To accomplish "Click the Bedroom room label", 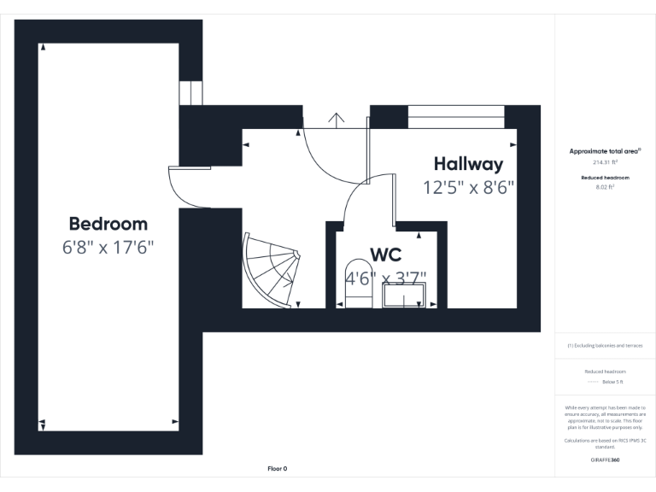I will [108, 224].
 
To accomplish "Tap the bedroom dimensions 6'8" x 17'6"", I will [108, 249].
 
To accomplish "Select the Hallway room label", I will [468, 164].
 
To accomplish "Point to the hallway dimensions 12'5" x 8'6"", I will [468, 188].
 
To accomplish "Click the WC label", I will [385, 255].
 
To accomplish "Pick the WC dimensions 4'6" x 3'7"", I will [385, 278].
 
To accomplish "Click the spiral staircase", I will [272, 271].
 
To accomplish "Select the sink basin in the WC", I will [405, 296].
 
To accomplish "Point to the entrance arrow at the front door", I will [337, 119].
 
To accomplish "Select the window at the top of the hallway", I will [455, 117].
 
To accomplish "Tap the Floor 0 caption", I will [278, 469].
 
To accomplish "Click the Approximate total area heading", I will [605, 151].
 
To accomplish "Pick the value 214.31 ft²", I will [605, 161].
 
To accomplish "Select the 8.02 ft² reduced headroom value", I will [605, 186].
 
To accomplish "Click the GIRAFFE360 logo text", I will [605, 460].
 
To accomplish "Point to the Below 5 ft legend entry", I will [605, 382].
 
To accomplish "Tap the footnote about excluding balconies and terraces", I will [605, 345].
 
